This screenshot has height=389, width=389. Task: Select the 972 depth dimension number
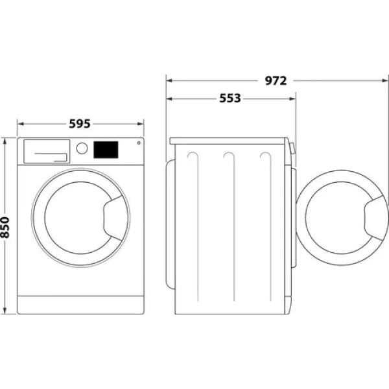(x=276, y=81)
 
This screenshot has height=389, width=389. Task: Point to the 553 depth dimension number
(x=230, y=99)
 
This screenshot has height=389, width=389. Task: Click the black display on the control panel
(x=106, y=150)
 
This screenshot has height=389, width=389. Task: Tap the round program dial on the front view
(x=82, y=148)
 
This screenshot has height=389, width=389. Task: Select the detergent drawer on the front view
(x=46, y=151)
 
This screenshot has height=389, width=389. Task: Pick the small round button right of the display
(x=137, y=144)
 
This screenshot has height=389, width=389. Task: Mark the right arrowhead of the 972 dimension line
(x=385, y=81)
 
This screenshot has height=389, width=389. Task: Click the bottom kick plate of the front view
(x=80, y=305)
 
